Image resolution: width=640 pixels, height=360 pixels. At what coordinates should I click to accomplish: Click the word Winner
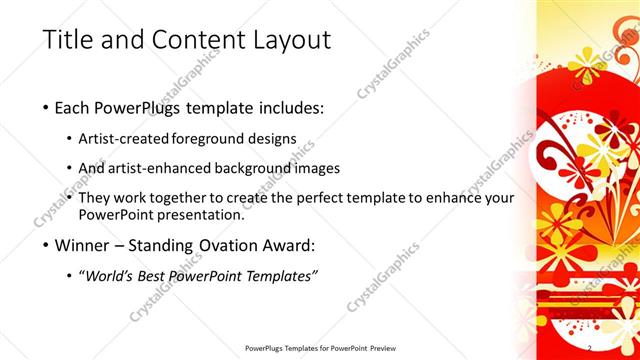[87, 245]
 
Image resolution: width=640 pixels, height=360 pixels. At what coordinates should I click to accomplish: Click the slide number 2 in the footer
[590, 348]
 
